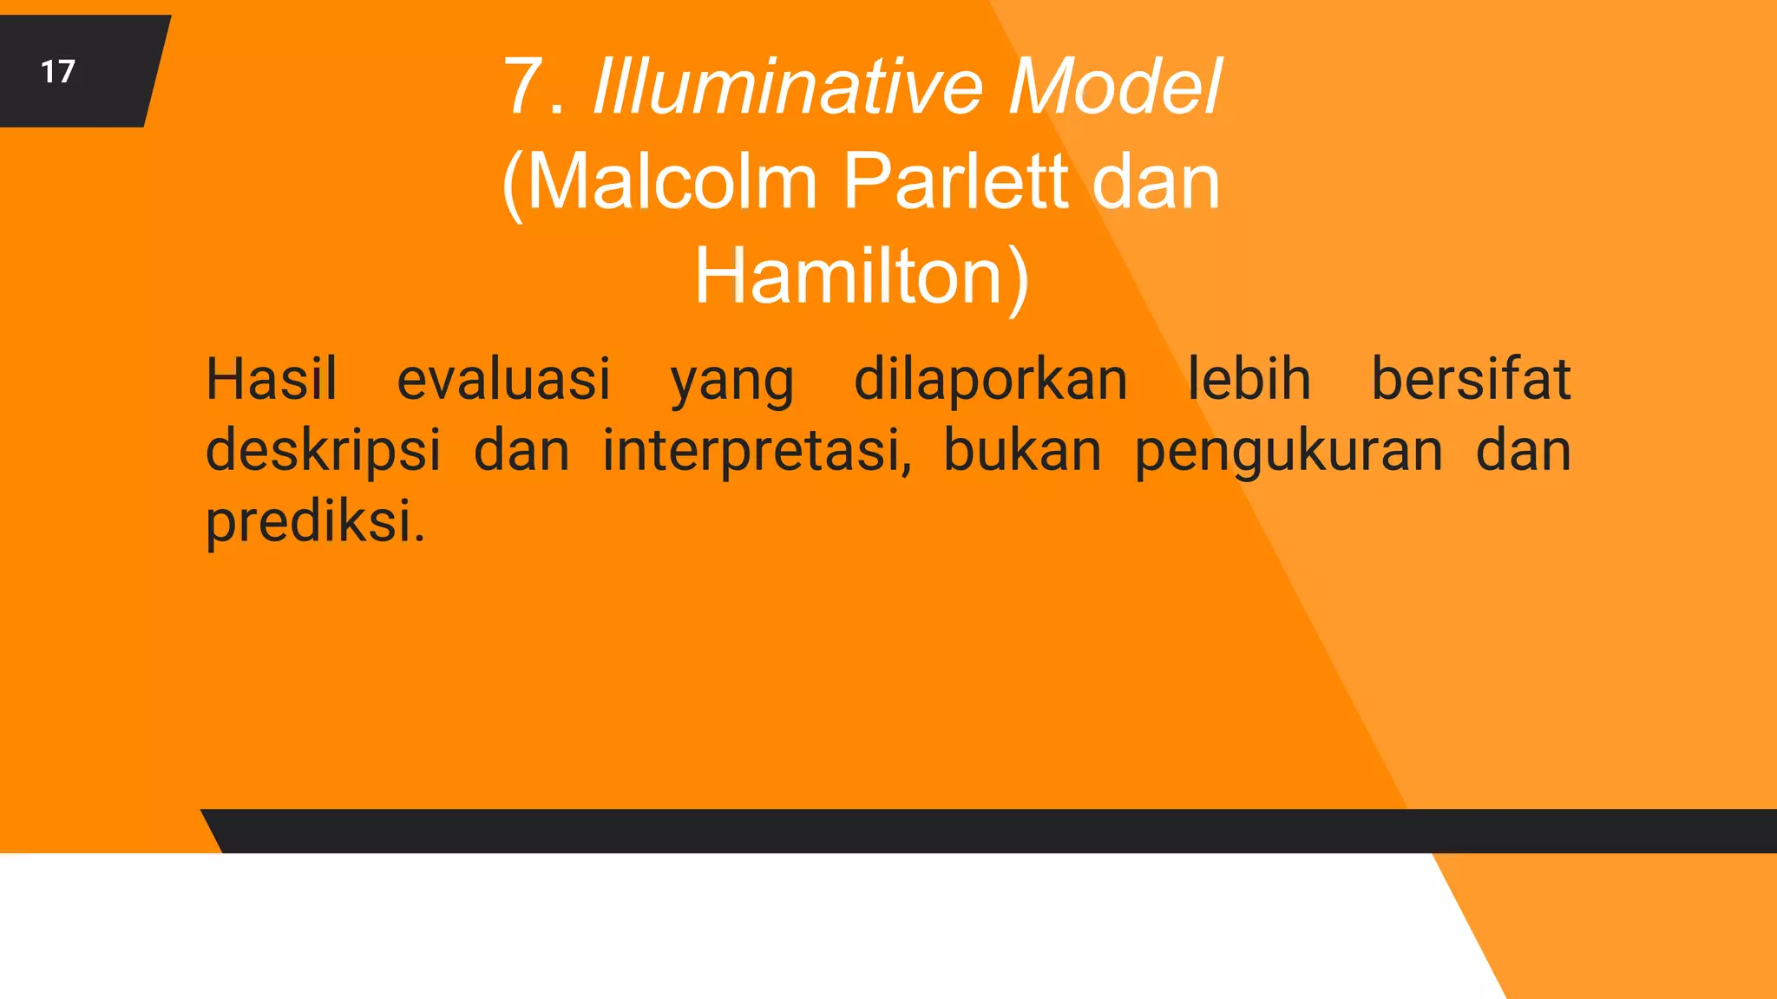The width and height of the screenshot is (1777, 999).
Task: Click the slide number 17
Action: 58,71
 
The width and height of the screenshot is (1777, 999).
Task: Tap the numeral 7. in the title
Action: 534,87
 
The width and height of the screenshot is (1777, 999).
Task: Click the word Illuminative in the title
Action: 787,87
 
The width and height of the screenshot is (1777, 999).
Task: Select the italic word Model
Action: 1114,87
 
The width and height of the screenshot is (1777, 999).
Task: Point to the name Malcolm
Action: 672,182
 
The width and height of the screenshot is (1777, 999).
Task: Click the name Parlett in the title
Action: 955,182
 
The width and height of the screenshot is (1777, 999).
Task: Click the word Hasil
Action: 271,380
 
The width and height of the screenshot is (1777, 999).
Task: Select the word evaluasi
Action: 503,380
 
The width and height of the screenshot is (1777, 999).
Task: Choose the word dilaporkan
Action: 990,380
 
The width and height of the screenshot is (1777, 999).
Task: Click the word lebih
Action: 1249,380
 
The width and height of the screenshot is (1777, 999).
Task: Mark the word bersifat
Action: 1471,380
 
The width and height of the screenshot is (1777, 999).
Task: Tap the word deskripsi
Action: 323,452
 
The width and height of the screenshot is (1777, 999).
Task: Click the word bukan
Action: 1022,452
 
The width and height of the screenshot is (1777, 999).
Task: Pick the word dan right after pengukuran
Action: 1524,452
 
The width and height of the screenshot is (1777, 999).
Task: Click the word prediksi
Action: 315,523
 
